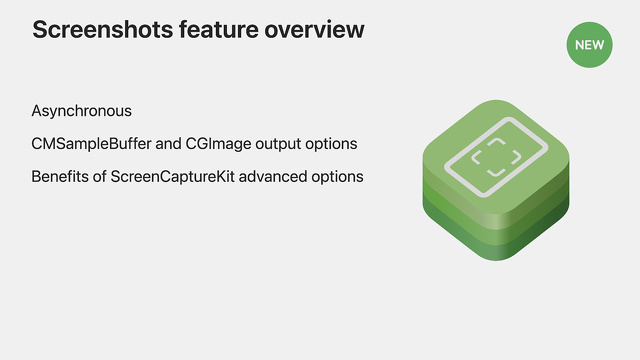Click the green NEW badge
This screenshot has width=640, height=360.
point(588,44)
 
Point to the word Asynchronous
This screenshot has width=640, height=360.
point(81,111)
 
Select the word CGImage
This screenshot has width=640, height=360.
point(222,144)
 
